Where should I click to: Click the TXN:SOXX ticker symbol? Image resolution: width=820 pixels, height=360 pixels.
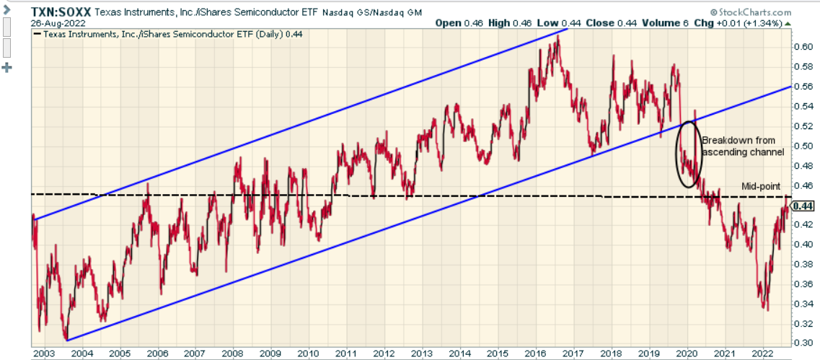(x=61, y=12)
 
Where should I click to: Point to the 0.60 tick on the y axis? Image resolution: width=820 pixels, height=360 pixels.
(x=803, y=47)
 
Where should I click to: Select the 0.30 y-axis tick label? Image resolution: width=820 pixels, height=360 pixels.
(x=803, y=343)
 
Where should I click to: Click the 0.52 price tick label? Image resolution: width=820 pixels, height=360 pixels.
(x=803, y=126)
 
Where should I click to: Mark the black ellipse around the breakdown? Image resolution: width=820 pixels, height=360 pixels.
(x=688, y=154)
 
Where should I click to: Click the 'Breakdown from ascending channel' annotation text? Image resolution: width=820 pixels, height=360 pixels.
(x=742, y=146)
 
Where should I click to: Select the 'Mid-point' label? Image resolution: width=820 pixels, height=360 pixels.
(x=761, y=186)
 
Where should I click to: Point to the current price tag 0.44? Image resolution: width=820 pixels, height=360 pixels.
(x=803, y=206)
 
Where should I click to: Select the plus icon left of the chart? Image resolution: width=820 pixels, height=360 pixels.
(x=9, y=68)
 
